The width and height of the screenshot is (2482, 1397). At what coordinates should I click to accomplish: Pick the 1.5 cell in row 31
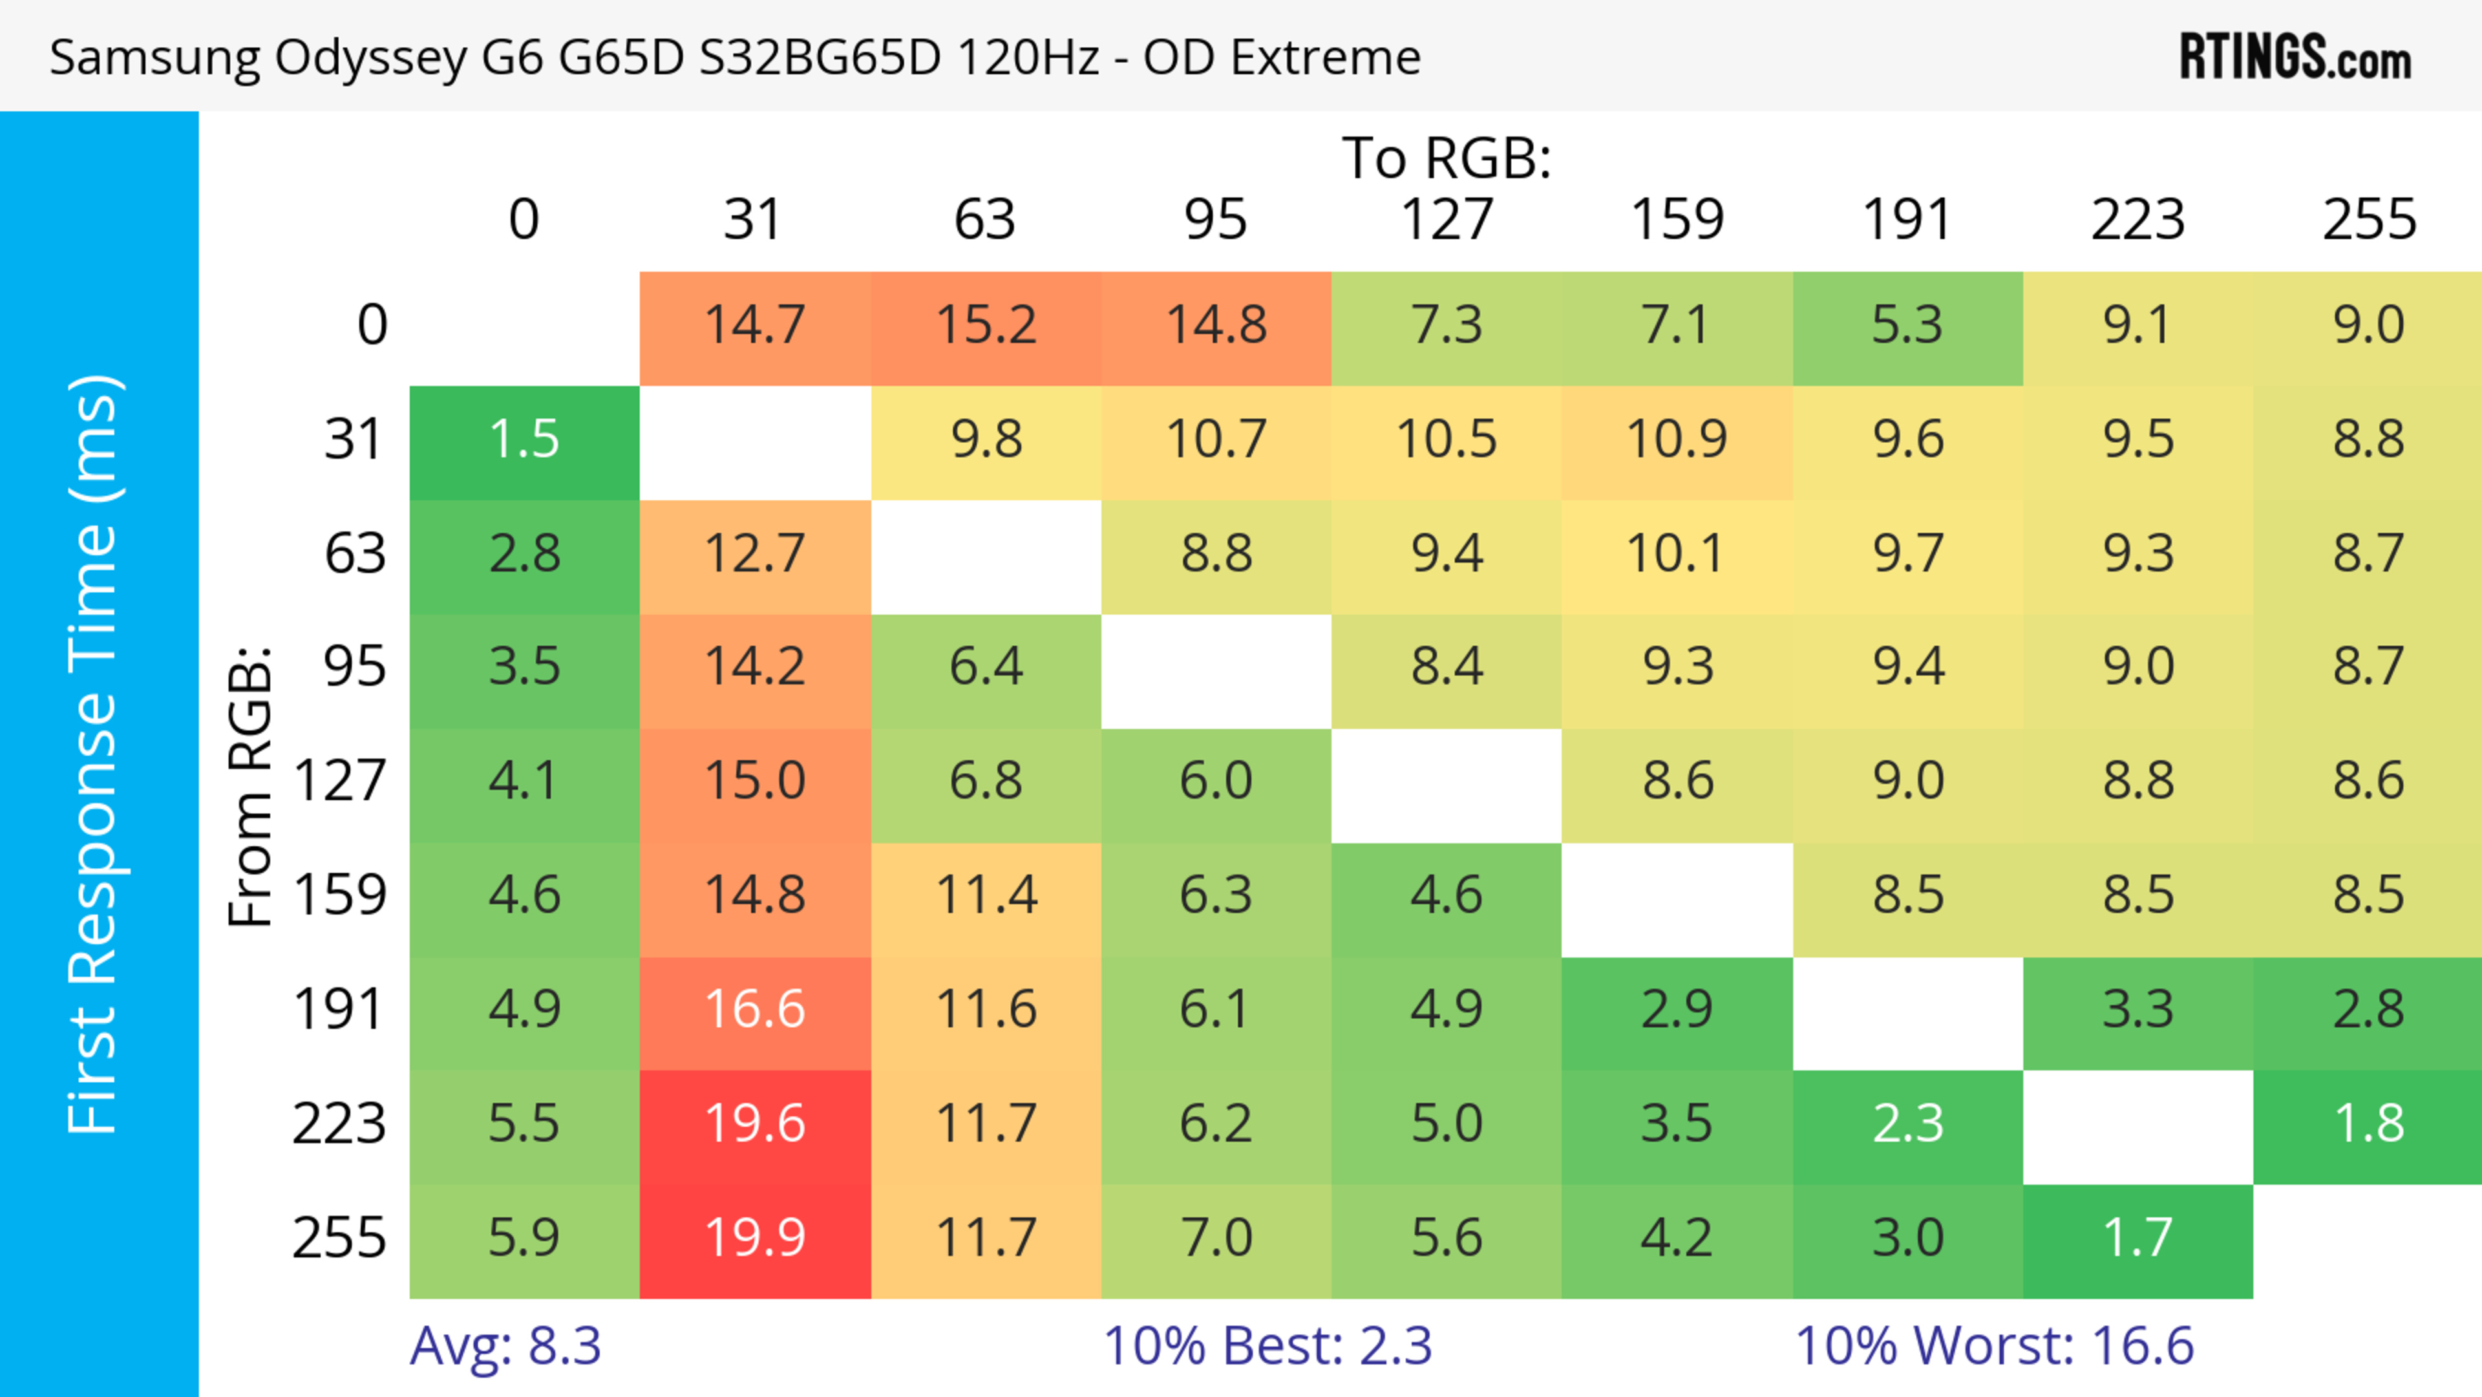point(524,440)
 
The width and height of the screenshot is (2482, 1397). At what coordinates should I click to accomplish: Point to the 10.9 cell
point(1677,440)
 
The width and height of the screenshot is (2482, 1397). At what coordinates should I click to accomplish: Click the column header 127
point(1447,220)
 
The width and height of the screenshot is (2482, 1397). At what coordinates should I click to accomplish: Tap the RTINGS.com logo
point(2295,58)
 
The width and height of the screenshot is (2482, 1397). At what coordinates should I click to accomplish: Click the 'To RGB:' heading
point(1447,158)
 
